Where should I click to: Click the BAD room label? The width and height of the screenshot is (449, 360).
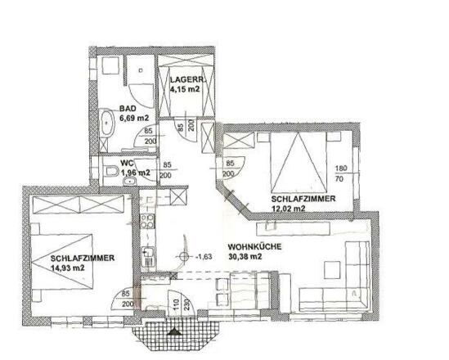[x=127, y=109]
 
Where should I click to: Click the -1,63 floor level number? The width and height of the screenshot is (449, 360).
[x=204, y=256]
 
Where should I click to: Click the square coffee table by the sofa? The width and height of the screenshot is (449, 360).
[x=333, y=268]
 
